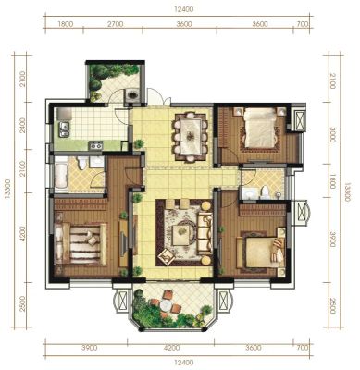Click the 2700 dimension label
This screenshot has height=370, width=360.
[x=116, y=24]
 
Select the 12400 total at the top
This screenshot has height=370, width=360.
[x=184, y=9]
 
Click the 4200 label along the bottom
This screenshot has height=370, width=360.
[x=171, y=348]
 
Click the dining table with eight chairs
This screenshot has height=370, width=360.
[x=191, y=136]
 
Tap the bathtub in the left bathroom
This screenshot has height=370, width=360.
[x=61, y=174]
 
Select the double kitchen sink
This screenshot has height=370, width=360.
[x=64, y=129]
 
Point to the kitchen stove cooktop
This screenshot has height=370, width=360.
[x=95, y=145]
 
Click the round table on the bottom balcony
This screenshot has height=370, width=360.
[x=166, y=305]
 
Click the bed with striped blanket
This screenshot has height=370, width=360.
[x=81, y=244]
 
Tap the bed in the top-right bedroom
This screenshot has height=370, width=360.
[x=259, y=128]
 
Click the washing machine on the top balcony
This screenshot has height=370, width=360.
[x=132, y=94]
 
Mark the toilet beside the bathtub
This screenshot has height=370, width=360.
[x=82, y=163]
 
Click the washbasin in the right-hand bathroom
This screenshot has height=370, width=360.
[x=248, y=194]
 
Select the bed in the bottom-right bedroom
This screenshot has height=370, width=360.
[x=262, y=253]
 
